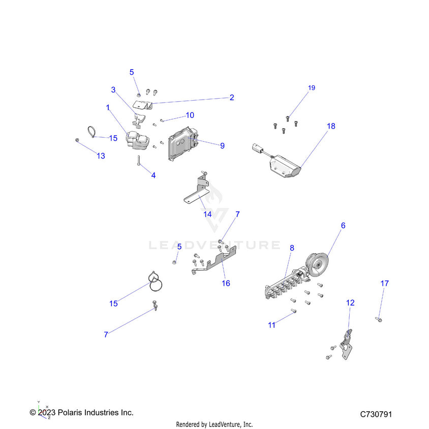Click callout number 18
(x=331, y=126)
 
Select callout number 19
(x=312, y=88)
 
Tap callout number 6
(x=343, y=225)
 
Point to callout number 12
(x=350, y=302)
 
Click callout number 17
(x=384, y=283)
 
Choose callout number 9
(x=222, y=145)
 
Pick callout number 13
(x=101, y=156)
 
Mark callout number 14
(x=207, y=214)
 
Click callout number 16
(x=226, y=283)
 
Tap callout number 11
(x=272, y=325)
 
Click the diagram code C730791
(x=376, y=415)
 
